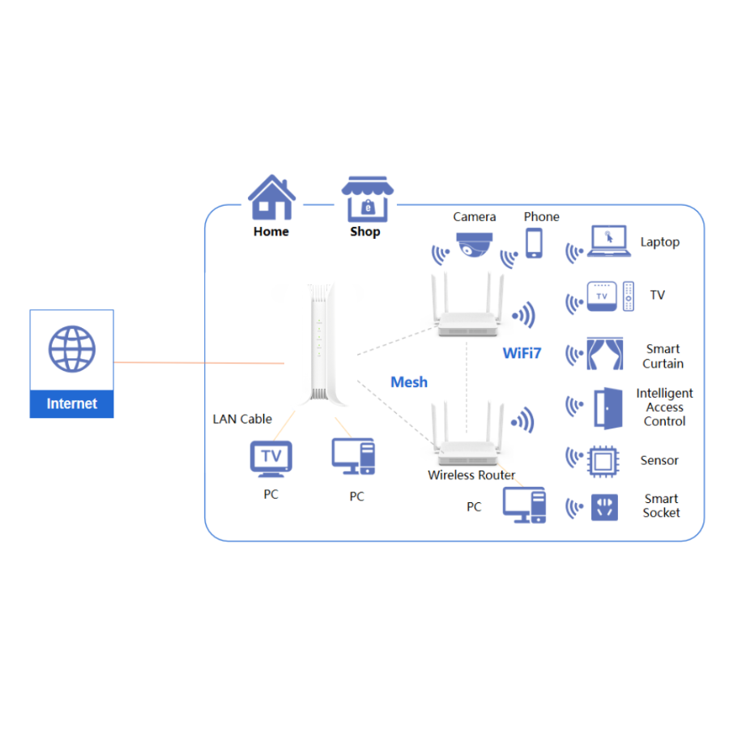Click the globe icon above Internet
click(72, 349)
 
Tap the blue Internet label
click(72, 403)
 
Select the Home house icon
click(271, 198)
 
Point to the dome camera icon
click(474, 244)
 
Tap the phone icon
click(534, 243)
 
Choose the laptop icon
click(608, 242)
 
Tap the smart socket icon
click(604, 507)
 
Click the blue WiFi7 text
click(522, 353)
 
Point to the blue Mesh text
click(409, 382)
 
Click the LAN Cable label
click(242, 419)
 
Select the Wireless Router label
click(471, 475)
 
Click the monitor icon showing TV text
click(271, 458)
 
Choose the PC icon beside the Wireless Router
click(524, 505)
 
